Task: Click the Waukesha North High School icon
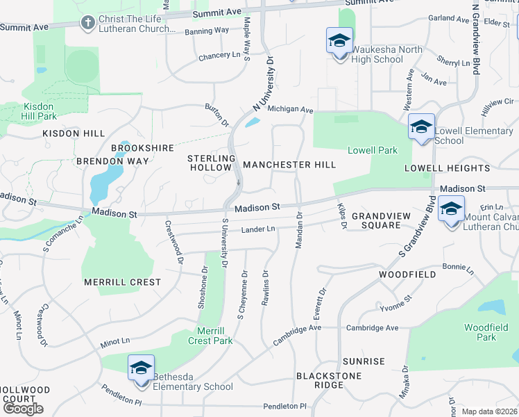339,41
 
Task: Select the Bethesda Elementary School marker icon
140,368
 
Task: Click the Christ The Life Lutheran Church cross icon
87,24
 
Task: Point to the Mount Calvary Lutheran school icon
451,209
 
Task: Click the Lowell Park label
373,150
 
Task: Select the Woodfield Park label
481,332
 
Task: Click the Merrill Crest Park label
210,336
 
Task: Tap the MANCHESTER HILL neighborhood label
289,165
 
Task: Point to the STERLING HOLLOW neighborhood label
209,163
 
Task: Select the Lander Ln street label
258,229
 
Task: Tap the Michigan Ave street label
291,110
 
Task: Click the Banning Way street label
207,31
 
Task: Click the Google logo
23,409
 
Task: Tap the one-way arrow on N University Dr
238,184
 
